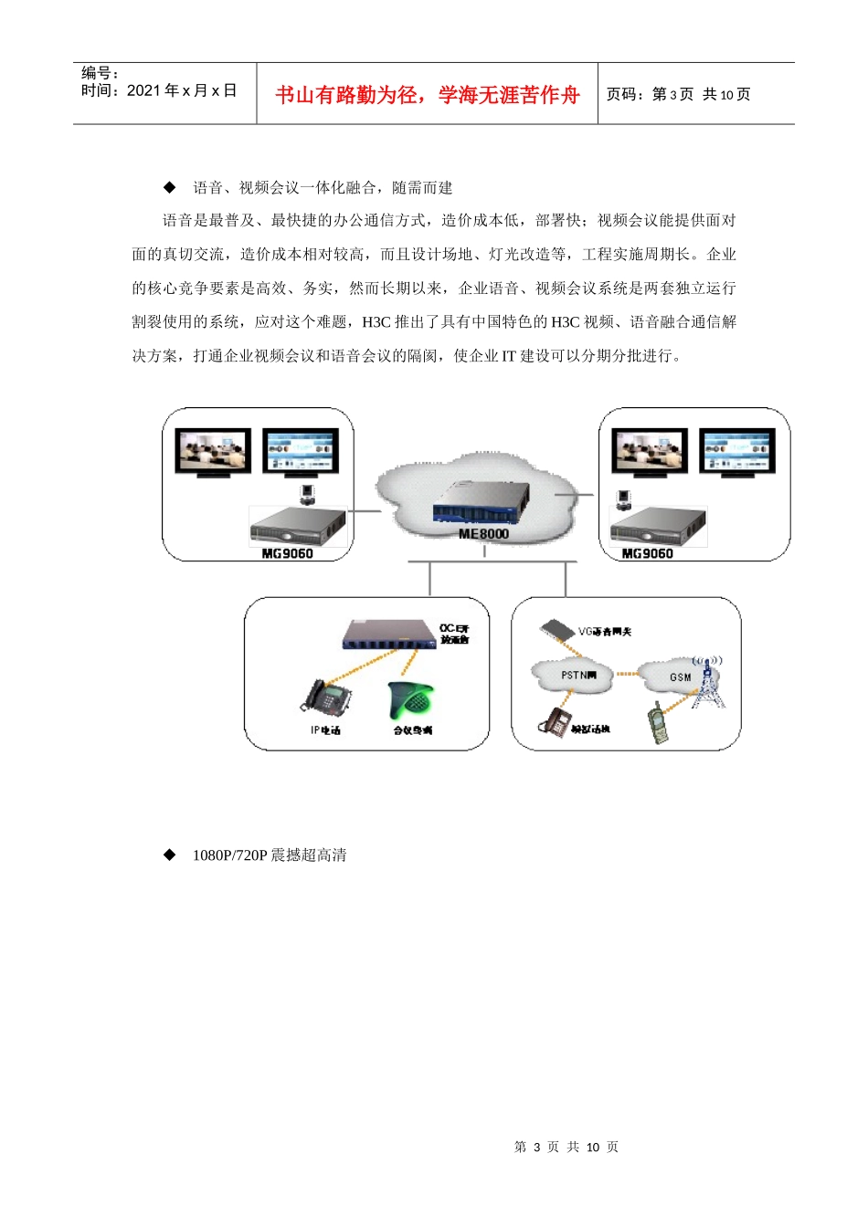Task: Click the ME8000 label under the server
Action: click(x=483, y=534)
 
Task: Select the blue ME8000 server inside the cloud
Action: click(x=482, y=503)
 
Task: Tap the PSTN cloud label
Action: click(x=577, y=676)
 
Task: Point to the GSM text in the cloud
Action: click(x=681, y=677)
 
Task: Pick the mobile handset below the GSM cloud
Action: click(x=657, y=722)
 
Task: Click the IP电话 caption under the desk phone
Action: click(x=325, y=730)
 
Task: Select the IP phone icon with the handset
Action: click(x=326, y=698)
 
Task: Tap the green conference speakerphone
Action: click(x=410, y=700)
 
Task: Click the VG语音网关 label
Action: click(x=605, y=632)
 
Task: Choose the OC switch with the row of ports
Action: click(x=388, y=634)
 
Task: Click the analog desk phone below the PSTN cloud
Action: click(x=556, y=720)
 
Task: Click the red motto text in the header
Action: click(x=428, y=95)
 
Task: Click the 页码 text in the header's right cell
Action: click(x=625, y=95)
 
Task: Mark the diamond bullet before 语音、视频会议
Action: click(x=169, y=187)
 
